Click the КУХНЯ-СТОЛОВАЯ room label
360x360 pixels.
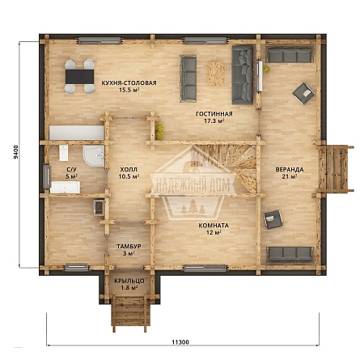(129, 83)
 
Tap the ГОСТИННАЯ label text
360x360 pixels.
(214, 114)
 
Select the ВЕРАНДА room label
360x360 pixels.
(290, 170)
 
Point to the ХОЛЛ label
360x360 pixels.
(129, 170)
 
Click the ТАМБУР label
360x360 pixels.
(129, 246)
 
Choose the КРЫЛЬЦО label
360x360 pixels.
(129, 281)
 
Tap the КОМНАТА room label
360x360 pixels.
(214, 226)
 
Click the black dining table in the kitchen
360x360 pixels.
(80, 77)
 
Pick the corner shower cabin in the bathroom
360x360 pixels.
(94, 156)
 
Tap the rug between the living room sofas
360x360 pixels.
(216, 74)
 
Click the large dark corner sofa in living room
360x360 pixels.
(243, 75)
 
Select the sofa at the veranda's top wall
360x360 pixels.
(290, 54)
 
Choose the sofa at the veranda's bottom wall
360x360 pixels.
(290, 254)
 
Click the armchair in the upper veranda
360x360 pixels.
(304, 93)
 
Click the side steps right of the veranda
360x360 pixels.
(334, 168)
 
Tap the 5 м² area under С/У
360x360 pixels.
(72, 176)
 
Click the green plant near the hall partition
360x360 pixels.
(160, 131)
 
